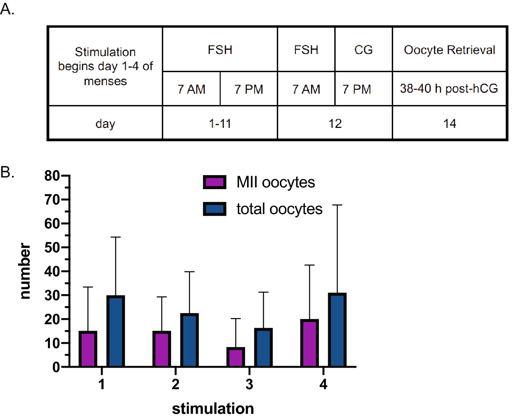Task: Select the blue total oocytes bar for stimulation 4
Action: (337, 330)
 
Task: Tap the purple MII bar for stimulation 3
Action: (236, 357)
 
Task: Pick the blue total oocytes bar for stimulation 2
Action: (189, 340)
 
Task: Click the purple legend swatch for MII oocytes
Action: (215, 182)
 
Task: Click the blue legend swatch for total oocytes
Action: (215, 209)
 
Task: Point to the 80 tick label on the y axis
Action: (52, 176)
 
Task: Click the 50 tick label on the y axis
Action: (52, 248)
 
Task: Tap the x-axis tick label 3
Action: (249, 384)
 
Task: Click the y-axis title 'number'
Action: (25, 271)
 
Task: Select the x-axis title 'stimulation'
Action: (213, 408)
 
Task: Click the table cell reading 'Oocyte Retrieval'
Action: (449, 50)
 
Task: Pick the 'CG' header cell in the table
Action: (363, 50)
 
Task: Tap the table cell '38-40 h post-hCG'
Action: (449, 89)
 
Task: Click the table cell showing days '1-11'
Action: (220, 123)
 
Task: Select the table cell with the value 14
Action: (449, 123)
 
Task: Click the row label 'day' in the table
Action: (105, 123)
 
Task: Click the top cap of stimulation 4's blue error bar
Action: (337, 205)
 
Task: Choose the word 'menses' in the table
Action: (105, 81)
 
